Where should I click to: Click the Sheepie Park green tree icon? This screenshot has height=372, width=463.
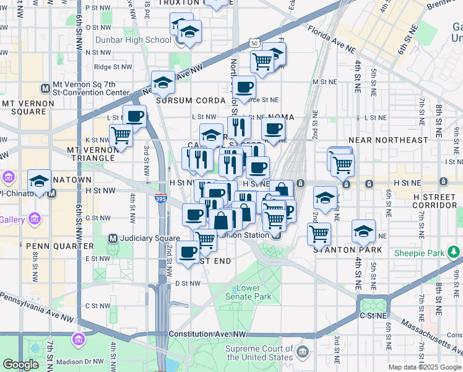(x=454, y=252)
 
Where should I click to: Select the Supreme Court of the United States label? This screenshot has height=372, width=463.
(x=259, y=353)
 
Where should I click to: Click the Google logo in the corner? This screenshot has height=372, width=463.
(x=20, y=365)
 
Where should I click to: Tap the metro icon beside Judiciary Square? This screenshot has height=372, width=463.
(x=113, y=238)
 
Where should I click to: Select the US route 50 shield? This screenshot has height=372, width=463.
(x=254, y=43)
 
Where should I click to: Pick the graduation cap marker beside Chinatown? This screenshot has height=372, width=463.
(x=39, y=182)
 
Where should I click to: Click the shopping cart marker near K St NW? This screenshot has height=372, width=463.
(x=121, y=135)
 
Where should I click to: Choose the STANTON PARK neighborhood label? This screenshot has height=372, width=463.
(x=345, y=250)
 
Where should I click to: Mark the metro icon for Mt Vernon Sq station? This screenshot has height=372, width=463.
(x=44, y=88)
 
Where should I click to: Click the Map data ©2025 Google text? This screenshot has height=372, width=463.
(x=424, y=367)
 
